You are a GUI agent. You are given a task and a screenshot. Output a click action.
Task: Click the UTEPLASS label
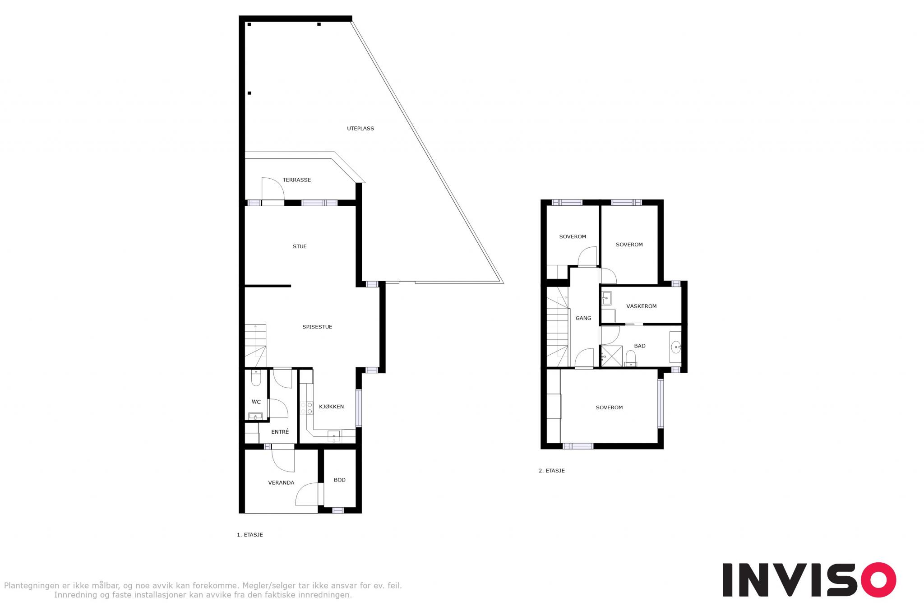(x=360, y=129)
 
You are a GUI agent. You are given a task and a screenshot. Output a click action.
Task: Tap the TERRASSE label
(x=297, y=180)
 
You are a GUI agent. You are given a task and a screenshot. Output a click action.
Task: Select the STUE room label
(x=300, y=247)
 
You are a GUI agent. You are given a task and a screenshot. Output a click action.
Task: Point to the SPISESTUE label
(x=317, y=327)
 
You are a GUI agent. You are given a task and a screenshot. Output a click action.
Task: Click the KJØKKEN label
(x=332, y=407)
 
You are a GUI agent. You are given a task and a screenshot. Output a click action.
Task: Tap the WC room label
(x=256, y=402)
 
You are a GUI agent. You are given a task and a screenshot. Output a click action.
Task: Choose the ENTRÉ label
(x=280, y=432)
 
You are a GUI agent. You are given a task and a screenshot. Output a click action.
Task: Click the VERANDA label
(x=281, y=483)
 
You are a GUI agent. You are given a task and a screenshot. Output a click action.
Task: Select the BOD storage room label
(x=340, y=480)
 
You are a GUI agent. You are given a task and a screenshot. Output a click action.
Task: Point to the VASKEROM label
(x=642, y=306)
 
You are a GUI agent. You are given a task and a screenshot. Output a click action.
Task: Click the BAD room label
(x=640, y=346)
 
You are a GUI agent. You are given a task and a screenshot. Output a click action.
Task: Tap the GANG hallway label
(x=583, y=319)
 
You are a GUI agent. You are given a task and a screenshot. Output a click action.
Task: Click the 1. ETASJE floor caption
(x=250, y=535)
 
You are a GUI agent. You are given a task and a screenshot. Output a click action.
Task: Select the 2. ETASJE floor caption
(x=552, y=471)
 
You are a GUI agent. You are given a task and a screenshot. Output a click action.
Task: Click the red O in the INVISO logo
(x=878, y=580)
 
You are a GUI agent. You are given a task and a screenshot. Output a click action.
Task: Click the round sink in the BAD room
(x=676, y=347)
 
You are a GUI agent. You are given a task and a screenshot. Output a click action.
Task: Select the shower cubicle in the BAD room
(x=611, y=356)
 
